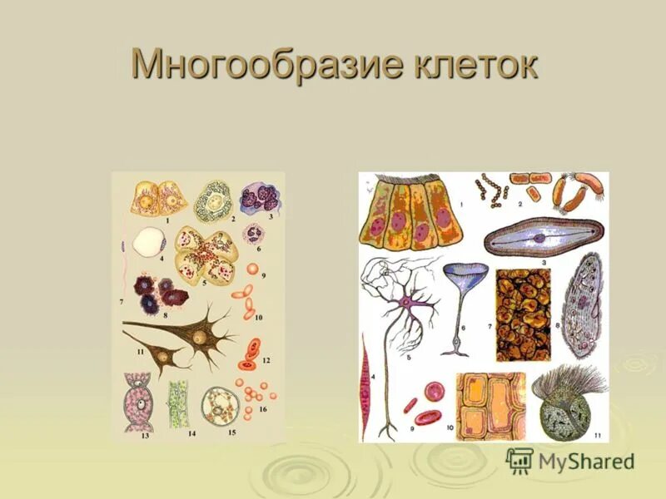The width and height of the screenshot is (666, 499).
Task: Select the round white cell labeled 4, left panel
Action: tap(148, 242)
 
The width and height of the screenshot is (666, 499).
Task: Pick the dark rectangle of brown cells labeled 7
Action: tap(522, 314)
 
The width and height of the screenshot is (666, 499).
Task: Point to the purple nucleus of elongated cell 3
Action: tap(540, 237)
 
